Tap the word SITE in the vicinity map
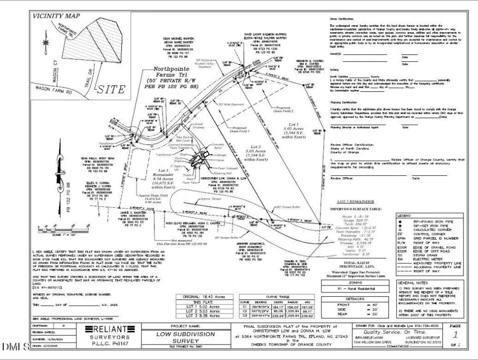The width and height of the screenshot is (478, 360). [x=112, y=89]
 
